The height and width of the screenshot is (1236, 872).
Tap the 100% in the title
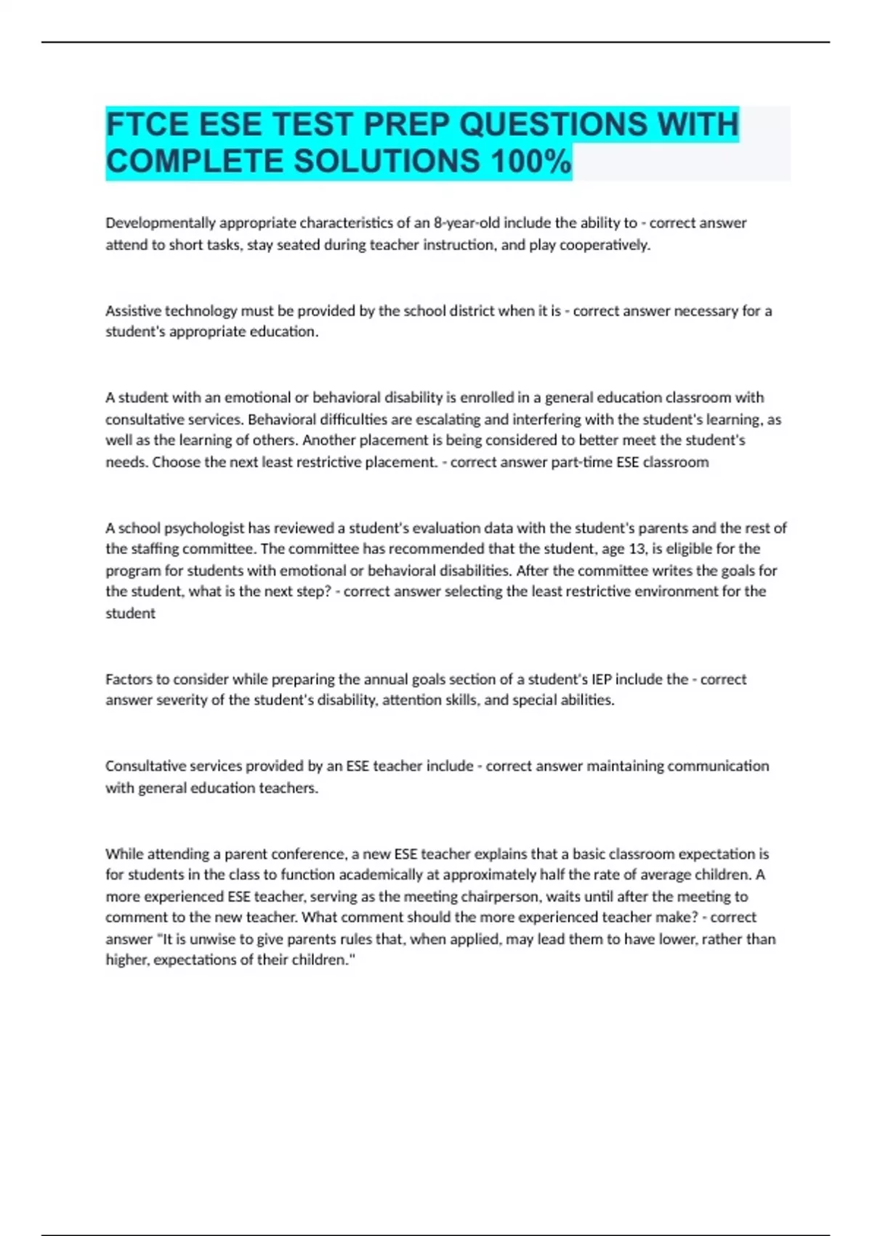pyautogui.click(x=531, y=161)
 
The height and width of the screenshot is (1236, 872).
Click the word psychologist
pyautogui.click(x=204, y=528)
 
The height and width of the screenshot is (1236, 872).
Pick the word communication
pyautogui.click(x=718, y=766)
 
